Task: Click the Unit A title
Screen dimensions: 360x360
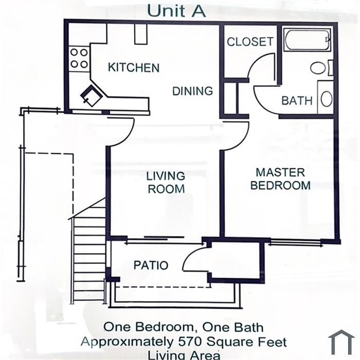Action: [x=176, y=11]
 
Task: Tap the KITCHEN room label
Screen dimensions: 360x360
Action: [x=134, y=67]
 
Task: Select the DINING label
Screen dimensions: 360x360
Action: [x=192, y=91]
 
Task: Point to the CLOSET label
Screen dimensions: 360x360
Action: [x=250, y=42]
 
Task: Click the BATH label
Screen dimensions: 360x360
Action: [x=297, y=101]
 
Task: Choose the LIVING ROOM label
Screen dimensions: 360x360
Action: [x=166, y=183]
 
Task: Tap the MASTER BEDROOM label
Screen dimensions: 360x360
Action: [x=280, y=179]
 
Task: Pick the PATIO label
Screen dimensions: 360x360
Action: [x=151, y=265]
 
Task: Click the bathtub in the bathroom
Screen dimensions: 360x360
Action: [x=307, y=40]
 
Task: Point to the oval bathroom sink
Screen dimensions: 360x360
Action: [x=327, y=99]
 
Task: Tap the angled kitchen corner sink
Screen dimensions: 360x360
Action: [x=92, y=96]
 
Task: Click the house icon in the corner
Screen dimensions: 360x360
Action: [x=341, y=343]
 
